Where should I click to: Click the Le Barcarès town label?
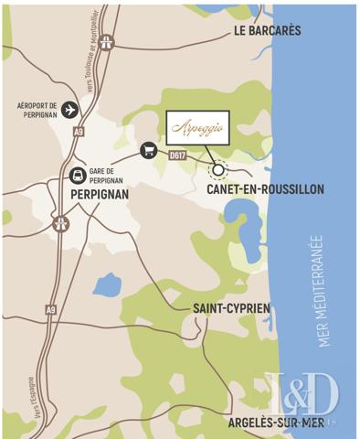tap(267, 30)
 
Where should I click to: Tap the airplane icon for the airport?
tap(70, 110)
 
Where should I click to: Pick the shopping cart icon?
tap(148, 150)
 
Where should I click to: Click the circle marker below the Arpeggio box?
tap(218, 169)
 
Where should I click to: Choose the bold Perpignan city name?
tap(100, 194)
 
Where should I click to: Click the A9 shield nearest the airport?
tap(79, 132)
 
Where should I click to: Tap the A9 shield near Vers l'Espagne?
tap(51, 311)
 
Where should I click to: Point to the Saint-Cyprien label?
tap(231, 308)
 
